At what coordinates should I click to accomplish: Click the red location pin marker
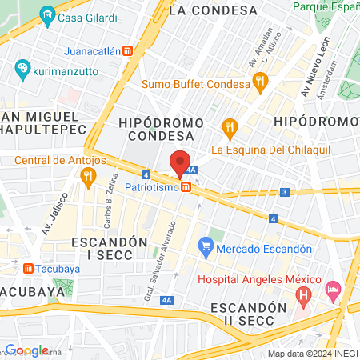[180, 163]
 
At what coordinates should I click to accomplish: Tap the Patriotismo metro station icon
[186, 187]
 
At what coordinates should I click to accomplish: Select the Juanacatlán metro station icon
[129, 50]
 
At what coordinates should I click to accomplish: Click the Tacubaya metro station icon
[29, 269]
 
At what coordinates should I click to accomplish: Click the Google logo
[27, 350]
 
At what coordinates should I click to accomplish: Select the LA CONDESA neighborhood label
[214, 10]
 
